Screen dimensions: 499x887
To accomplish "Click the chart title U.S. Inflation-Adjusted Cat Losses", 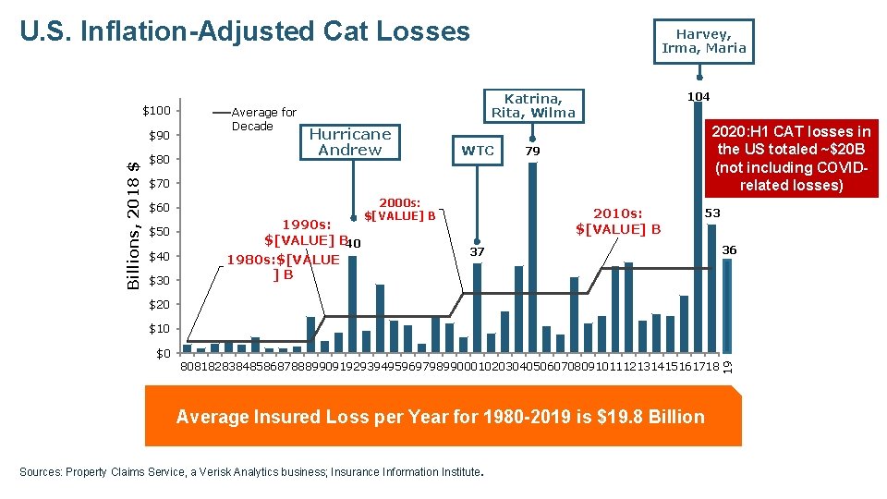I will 245,31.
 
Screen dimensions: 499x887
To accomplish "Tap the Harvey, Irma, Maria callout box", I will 703,42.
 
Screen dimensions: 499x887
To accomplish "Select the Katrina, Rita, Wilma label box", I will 533,105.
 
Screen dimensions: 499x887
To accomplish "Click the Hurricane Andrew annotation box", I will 349,141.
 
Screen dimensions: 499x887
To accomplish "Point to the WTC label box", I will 478,151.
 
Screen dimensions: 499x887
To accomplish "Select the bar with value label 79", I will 532,259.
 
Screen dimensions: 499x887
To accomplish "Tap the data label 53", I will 712,213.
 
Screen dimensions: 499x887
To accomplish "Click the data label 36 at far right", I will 729,250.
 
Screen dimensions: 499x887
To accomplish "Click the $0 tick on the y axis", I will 164,353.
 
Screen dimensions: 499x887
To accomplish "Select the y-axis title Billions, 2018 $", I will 133,225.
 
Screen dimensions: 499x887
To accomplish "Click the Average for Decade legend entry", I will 263,119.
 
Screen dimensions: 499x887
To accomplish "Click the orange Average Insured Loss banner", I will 442,417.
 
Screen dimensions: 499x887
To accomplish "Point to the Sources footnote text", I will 250,472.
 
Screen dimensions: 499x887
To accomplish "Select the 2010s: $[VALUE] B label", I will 618,221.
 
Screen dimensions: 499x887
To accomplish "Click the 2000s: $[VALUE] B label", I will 400,210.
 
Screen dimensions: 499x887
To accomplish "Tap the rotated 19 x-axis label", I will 726,366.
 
